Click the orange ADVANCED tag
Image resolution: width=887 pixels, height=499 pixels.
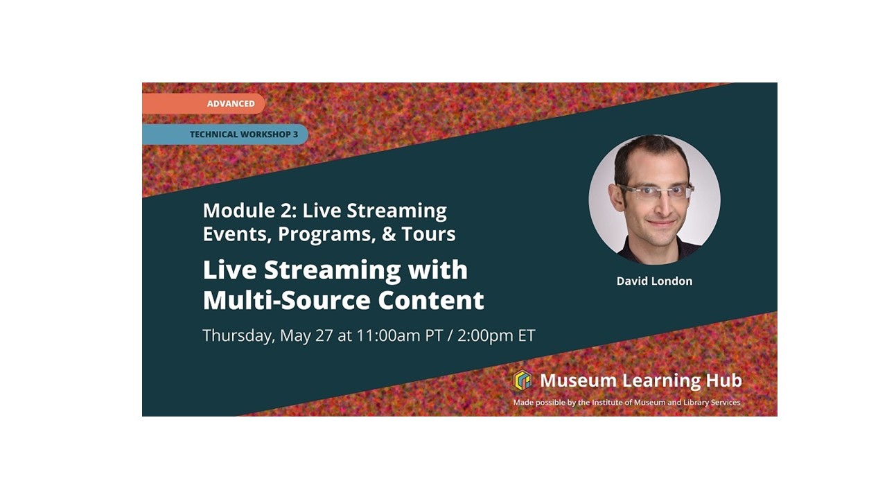click(x=230, y=104)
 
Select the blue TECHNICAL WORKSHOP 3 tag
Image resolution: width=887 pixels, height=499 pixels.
click(x=243, y=134)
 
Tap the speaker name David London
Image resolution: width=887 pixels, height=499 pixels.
click(x=654, y=281)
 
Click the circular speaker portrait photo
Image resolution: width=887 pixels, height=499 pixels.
click(x=654, y=200)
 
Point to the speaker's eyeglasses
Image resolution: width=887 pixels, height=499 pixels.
click(x=656, y=191)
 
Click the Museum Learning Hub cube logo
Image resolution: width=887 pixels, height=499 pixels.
click(x=522, y=380)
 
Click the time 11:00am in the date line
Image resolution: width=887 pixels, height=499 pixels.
click(x=388, y=336)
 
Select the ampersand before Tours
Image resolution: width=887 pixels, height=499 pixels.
click(x=389, y=234)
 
